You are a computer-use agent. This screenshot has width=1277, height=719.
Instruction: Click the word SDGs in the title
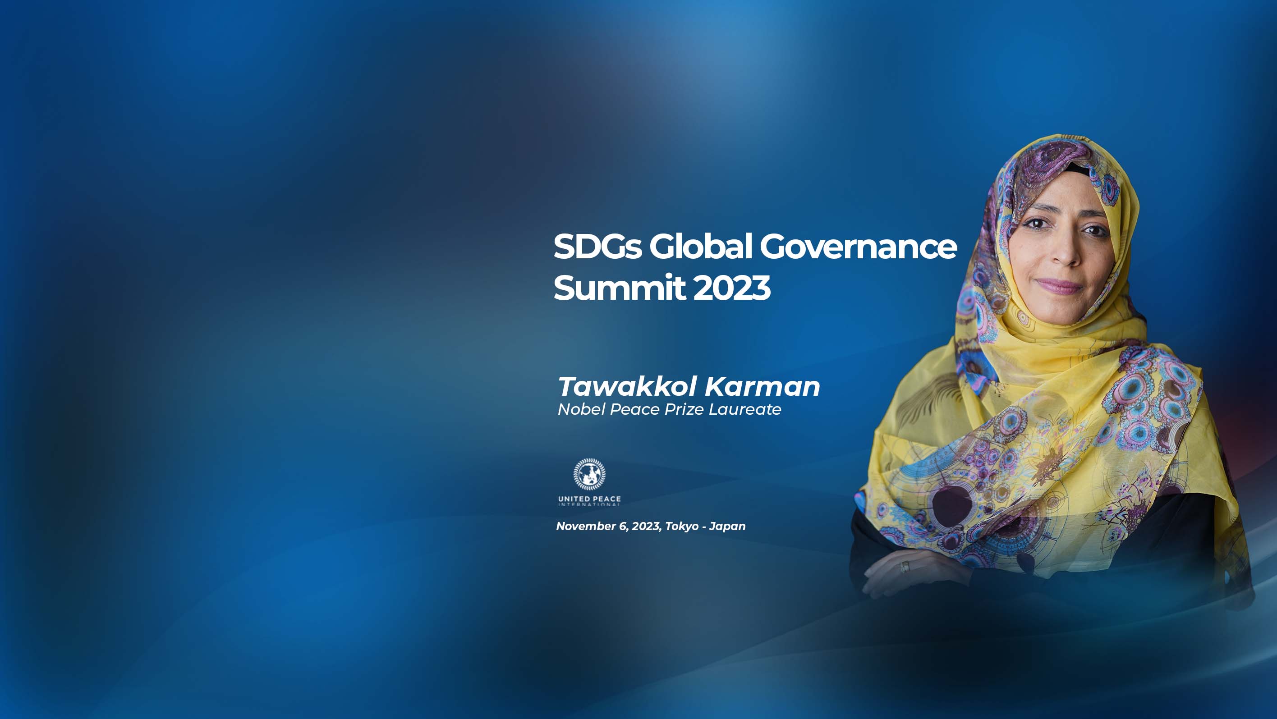coord(597,246)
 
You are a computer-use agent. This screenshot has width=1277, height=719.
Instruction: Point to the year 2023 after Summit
coord(732,288)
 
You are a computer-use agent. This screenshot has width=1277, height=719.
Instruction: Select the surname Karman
coord(763,386)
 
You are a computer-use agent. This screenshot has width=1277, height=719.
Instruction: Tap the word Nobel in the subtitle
coord(582,409)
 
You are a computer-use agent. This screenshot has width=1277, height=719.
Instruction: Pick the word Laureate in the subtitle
coord(744,409)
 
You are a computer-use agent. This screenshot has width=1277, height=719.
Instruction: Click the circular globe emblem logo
coord(589,474)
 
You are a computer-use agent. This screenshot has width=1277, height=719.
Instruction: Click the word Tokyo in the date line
coord(682,527)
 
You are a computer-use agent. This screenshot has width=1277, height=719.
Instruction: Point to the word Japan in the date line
coord(727,527)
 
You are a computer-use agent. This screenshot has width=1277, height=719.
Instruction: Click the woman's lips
coord(1058,286)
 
